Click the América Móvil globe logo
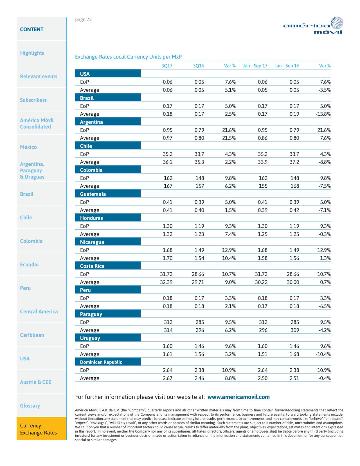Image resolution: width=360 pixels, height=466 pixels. click(337, 23)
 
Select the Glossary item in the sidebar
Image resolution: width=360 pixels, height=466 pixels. click(30, 405)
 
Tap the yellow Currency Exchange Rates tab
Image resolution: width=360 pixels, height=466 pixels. click(42, 429)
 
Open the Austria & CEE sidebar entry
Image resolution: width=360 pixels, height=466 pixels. click(35, 382)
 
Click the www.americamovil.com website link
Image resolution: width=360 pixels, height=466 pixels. click(238, 397)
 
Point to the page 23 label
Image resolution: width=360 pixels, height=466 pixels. click(83, 19)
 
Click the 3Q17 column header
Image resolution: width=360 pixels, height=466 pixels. click(167, 66)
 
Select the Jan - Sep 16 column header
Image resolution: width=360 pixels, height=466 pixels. click(287, 66)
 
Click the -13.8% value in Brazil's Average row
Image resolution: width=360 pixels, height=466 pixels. click(323, 114)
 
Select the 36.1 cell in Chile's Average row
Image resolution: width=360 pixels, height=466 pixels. click(168, 162)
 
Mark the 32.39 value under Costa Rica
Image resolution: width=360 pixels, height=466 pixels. click(166, 282)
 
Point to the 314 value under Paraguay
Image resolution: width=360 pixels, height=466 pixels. click(168, 330)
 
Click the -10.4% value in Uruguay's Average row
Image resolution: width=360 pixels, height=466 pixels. click(323, 354)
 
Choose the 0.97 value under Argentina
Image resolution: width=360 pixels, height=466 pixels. click(168, 138)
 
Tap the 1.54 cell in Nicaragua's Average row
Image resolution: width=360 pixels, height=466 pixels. click(199, 258)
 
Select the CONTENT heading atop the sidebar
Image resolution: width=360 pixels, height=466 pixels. click(32, 29)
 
